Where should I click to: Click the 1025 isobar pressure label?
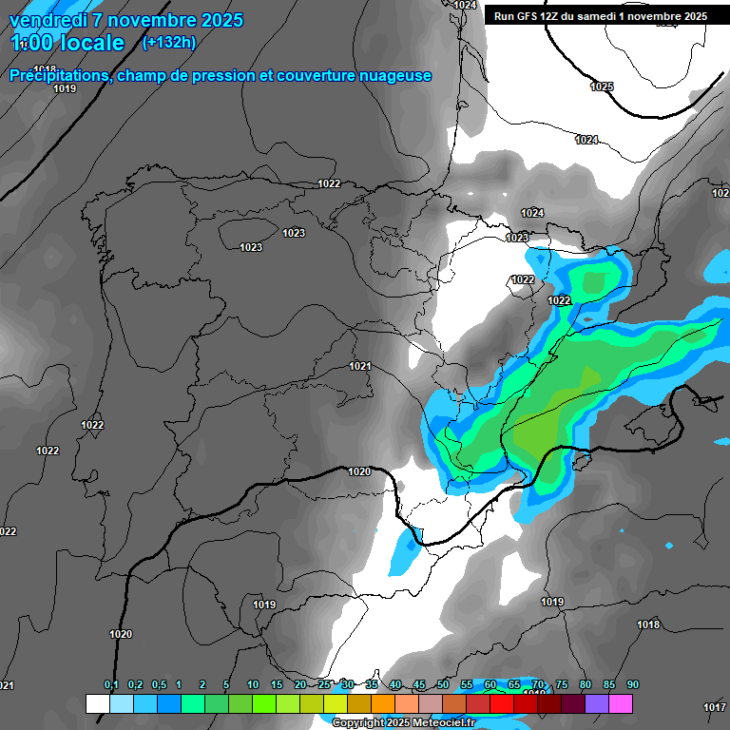(602, 86)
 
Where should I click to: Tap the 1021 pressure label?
(359, 366)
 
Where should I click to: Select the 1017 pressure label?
(715, 706)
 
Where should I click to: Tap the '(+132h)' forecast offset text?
(168, 42)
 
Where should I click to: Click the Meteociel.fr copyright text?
(399, 723)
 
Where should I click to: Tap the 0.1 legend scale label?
(111, 684)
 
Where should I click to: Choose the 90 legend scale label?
(633, 684)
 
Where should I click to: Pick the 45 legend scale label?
(419, 684)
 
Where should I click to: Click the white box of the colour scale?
(97, 703)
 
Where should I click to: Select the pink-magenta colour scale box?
(621, 703)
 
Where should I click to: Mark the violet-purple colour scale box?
(597, 703)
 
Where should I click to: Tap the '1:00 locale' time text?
(67, 43)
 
